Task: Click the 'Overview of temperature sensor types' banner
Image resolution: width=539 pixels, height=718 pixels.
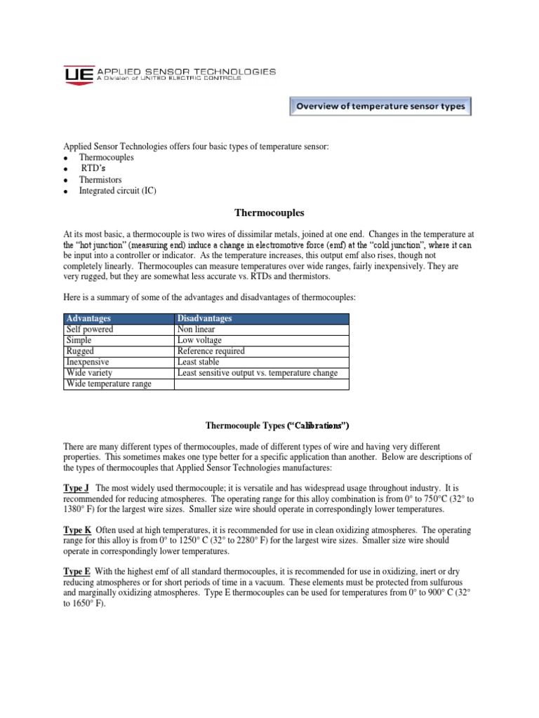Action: [x=381, y=107]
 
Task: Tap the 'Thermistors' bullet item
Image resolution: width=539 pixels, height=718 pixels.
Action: [x=100, y=179]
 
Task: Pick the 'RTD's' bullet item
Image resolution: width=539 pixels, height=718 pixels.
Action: [x=96, y=169]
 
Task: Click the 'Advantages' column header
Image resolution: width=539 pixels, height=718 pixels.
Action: [x=90, y=318]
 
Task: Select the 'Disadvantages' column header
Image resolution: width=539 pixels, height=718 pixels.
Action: [x=205, y=318]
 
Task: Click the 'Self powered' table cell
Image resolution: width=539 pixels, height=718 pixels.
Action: [x=89, y=329]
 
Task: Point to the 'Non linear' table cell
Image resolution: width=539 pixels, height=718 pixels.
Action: [x=196, y=329]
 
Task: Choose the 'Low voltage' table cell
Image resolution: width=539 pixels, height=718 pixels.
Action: [x=199, y=340]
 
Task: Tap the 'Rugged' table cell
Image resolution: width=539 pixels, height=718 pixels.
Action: [x=80, y=351]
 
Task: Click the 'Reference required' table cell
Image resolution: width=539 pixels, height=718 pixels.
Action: [x=211, y=351]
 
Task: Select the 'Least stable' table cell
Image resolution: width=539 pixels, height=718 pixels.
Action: [x=198, y=362]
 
